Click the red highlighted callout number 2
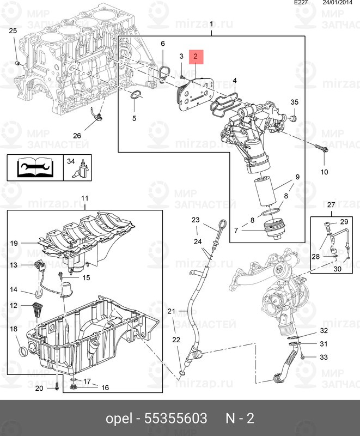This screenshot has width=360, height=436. [x=196, y=57]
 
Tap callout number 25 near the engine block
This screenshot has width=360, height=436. [x=13, y=31]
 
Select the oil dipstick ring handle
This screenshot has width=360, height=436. [x=223, y=225]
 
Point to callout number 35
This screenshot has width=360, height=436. [x=295, y=102]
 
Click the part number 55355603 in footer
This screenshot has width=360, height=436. [x=175, y=418]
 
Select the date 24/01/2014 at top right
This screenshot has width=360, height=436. [x=337, y=3]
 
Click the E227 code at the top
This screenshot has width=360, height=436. [x=301, y=3]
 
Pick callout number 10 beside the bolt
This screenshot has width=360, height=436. [x=324, y=172]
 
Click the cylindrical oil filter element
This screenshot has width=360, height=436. [x=265, y=192]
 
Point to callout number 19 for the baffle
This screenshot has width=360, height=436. [x=14, y=243]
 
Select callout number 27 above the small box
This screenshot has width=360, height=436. [x=331, y=205]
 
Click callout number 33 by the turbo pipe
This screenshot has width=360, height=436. [x=324, y=357]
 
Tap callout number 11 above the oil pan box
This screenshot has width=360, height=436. [x=85, y=198]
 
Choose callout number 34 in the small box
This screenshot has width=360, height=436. [x=71, y=161]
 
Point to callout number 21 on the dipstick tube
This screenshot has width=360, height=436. [x=172, y=311]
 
